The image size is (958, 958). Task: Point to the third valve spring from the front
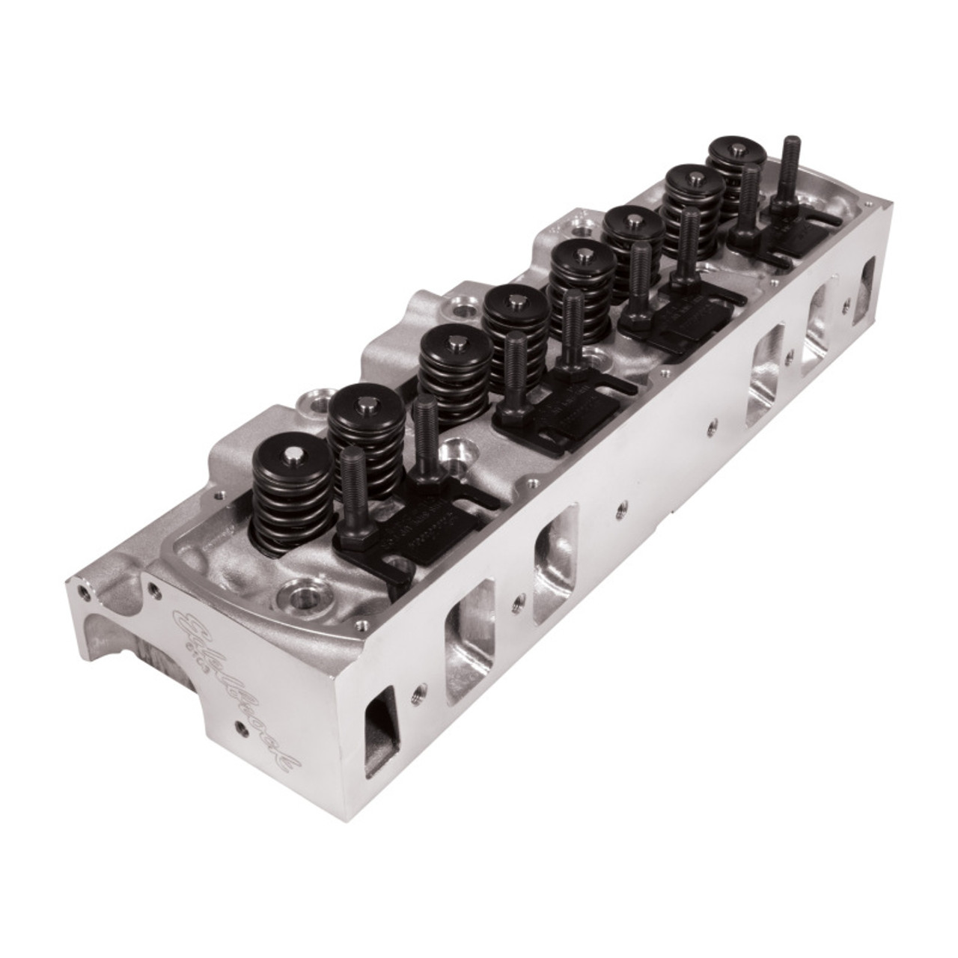tap(454, 373)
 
